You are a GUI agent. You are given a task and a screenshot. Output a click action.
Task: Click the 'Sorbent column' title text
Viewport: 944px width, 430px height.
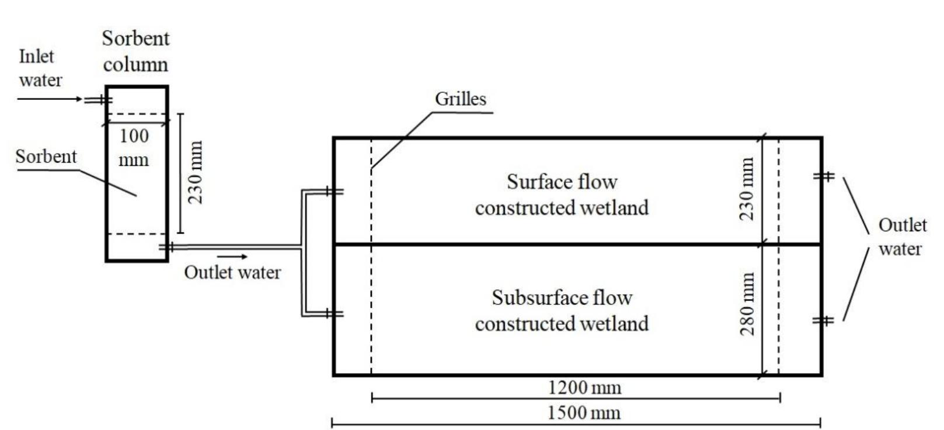pyautogui.click(x=135, y=51)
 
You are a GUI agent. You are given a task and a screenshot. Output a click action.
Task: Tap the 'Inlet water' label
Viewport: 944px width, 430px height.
pyautogui.click(x=39, y=68)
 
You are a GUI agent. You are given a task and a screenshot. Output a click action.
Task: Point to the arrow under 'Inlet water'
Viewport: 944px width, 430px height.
pyautogui.click(x=50, y=99)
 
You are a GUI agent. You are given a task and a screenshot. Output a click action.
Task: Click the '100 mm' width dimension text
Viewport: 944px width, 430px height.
pyautogui.click(x=134, y=147)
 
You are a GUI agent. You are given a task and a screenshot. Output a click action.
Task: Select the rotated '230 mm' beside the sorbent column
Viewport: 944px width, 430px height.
pyautogui.click(x=195, y=172)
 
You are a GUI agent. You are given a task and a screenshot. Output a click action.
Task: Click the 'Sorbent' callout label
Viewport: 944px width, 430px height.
pyautogui.click(x=46, y=157)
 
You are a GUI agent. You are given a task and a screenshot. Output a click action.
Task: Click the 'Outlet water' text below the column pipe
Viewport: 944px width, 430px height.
pyautogui.click(x=232, y=272)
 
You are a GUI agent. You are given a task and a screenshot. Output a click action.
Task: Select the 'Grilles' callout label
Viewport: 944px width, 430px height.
pyautogui.click(x=460, y=99)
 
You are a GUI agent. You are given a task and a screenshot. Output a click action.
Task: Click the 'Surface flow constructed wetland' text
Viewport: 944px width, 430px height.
pyautogui.click(x=562, y=194)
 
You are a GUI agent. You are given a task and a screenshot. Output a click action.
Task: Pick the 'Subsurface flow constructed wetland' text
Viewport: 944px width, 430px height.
pyautogui.click(x=562, y=310)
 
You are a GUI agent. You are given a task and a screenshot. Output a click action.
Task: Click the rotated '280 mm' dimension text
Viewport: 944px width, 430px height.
pyautogui.click(x=747, y=303)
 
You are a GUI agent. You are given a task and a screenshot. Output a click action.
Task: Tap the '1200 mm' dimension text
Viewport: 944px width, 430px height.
pyautogui.click(x=584, y=387)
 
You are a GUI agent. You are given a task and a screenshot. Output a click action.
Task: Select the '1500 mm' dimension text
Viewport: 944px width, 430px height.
pyautogui.click(x=584, y=412)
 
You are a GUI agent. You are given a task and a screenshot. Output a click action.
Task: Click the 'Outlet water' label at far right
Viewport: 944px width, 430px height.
pyautogui.click(x=901, y=237)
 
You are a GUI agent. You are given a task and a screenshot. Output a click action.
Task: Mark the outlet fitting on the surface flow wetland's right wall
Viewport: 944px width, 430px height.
pyautogui.click(x=824, y=176)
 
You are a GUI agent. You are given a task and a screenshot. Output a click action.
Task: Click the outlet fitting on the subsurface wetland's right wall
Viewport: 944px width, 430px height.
pyautogui.click(x=824, y=320)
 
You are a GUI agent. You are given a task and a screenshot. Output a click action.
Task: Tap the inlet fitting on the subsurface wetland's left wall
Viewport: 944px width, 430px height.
pyautogui.click(x=334, y=314)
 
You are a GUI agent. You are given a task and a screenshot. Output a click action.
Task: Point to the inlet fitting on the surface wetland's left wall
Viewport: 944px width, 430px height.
pyautogui.click(x=334, y=191)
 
